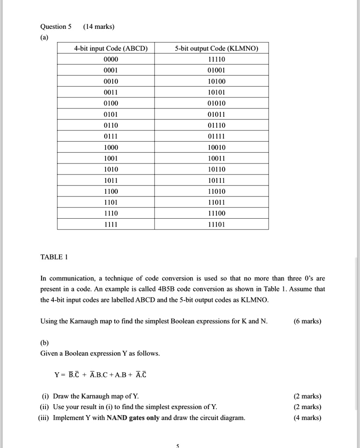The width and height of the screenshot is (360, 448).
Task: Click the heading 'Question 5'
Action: [x=56, y=27]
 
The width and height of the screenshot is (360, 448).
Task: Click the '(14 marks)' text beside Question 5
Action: [x=99, y=27]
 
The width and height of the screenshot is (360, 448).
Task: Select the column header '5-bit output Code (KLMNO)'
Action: [x=217, y=49]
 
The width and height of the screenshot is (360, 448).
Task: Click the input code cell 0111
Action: [x=111, y=136]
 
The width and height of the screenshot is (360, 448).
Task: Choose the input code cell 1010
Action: [x=111, y=169]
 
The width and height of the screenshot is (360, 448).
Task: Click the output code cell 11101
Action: [x=217, y=224]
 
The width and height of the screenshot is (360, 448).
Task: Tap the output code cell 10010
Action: [x=217, y=147]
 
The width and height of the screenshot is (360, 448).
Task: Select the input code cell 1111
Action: [x=111, y=224]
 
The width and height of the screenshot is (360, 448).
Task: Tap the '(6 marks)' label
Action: [x=307, y=322]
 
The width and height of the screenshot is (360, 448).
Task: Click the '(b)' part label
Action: [x=45, y=343]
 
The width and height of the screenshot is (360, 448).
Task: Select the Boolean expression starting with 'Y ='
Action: [x=100, y=374]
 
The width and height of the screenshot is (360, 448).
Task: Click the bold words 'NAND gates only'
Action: [x=133, y=418]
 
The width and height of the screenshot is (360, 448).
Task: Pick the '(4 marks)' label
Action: [x=307, y=418]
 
